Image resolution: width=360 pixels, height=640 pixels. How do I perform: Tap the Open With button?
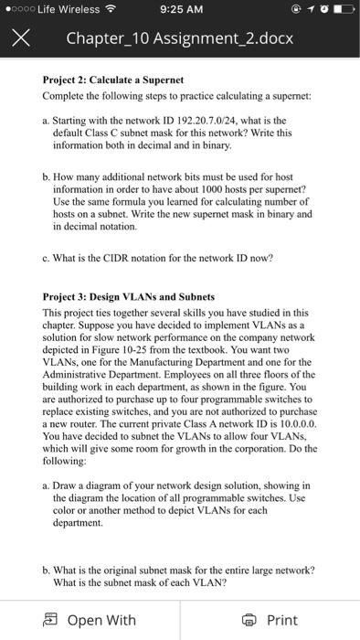90,620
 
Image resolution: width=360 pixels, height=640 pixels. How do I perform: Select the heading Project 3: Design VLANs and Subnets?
129,298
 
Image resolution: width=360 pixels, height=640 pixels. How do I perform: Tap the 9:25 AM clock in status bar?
179,11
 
